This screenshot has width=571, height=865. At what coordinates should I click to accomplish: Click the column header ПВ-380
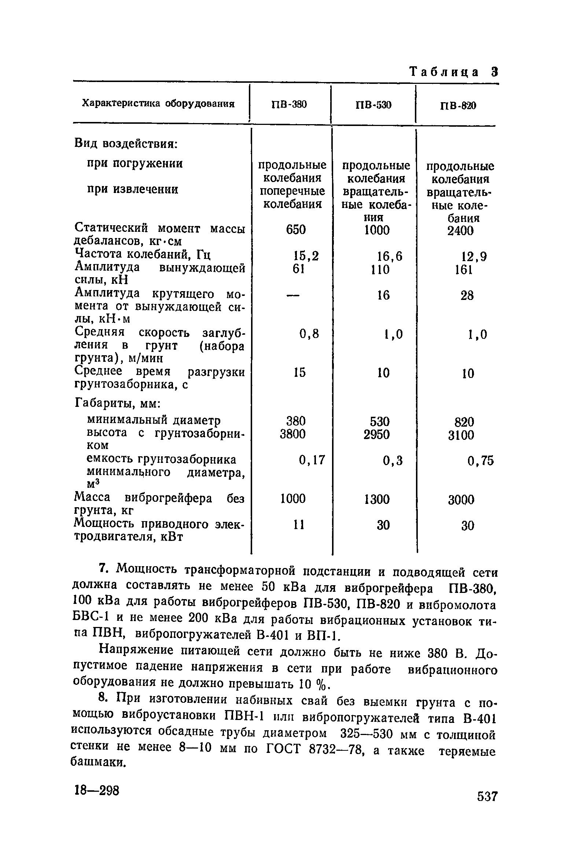tap(289, 105)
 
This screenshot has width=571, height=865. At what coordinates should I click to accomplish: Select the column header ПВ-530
tap(373, 105)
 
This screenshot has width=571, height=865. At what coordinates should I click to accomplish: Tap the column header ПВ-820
tap(458, 106)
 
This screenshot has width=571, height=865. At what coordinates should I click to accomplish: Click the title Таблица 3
tap(453, 72)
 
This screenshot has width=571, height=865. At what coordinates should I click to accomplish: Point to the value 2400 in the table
tap(461, 231)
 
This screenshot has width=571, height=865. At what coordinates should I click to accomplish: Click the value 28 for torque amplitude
tap(467, 296)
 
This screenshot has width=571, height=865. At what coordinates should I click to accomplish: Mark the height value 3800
tap(292, 434)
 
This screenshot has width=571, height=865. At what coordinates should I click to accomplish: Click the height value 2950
tap(377, 435)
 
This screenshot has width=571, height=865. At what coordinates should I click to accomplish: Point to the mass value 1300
tap(377, 499)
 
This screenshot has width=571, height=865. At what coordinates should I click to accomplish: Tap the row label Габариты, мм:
tap(117, 403)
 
